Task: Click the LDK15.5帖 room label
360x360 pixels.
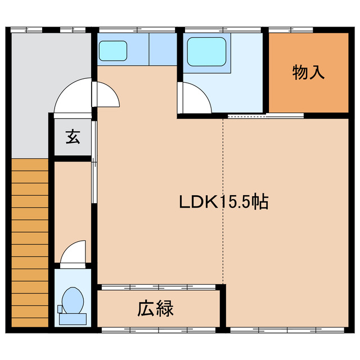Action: [x=223, y=201]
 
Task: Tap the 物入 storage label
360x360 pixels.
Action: [x=308, y=73]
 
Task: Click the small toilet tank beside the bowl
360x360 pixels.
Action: [x=60, y=309]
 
